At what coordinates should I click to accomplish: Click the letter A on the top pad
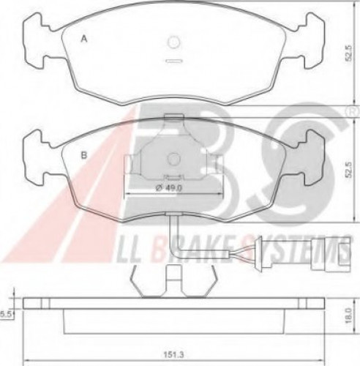84,39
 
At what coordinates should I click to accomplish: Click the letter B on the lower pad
84,155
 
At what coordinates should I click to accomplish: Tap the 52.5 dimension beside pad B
349,171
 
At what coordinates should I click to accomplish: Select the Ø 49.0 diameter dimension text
169,188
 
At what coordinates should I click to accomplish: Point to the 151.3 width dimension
173,354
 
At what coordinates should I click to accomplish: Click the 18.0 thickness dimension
349,315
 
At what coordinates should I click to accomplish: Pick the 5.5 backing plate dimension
5,314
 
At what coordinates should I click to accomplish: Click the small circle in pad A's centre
173,42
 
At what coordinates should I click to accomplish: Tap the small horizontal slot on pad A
173,61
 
